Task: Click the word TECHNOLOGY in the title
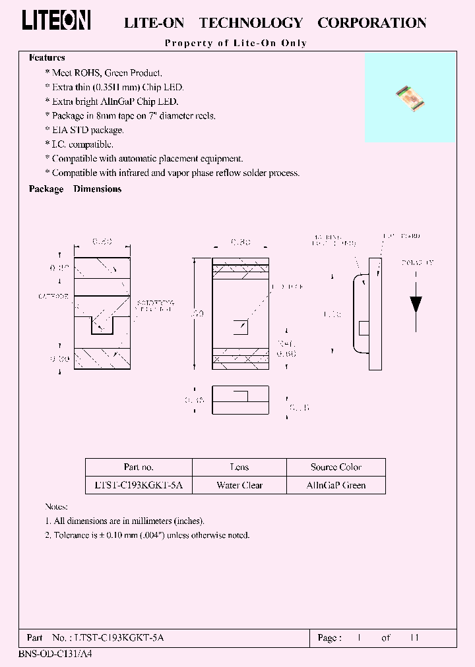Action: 251,23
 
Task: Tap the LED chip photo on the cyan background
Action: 410,98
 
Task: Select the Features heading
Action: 47,58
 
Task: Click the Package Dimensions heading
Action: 75,189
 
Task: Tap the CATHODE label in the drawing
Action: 53,297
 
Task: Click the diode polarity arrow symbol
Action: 416,304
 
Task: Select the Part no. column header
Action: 139,467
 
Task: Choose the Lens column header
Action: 239,467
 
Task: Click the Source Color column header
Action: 336,467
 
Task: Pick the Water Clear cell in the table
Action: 239,485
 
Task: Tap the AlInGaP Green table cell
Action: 336,485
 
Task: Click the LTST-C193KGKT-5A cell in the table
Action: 139,485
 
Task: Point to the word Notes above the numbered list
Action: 56,507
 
